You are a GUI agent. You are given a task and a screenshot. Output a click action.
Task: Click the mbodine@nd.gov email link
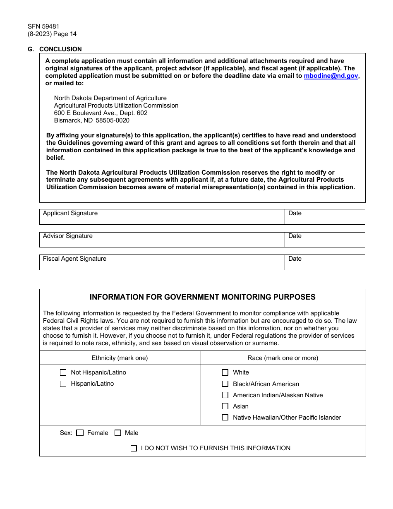pyautogui.click(x=331, y=76)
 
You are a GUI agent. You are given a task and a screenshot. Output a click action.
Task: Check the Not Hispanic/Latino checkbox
pyautogui.click(x=63, y=372)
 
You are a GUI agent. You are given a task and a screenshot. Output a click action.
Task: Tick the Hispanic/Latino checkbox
pyautogui.click(x=63, y=384)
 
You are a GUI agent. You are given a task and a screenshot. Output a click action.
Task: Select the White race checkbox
pyautogui.click(x=225, y=372)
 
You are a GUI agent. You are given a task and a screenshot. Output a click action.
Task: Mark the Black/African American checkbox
pyautogui.click(x=225, y=384)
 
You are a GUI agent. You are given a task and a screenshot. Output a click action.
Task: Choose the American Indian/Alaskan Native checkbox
pyautogui.click(x=225, y=395)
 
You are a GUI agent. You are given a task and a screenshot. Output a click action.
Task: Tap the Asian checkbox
pyautogui.click(x=225, y=406)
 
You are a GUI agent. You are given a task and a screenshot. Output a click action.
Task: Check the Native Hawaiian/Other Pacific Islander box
pyautogui.click(x=225, y=418)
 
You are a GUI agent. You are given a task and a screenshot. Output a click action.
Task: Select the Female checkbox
pyautogui.click(x=80, y=433)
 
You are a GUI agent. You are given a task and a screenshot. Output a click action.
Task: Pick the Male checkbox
pyautogui.click(x=117, y=433)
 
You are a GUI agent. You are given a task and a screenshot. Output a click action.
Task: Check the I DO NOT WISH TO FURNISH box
pyautogui.click(x=134, y=448)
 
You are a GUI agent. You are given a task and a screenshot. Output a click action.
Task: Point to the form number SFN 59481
pyautogui.click(x=43, y=26)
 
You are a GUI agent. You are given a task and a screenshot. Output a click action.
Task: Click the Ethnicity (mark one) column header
pyautogui.click(x=120, y=358)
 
